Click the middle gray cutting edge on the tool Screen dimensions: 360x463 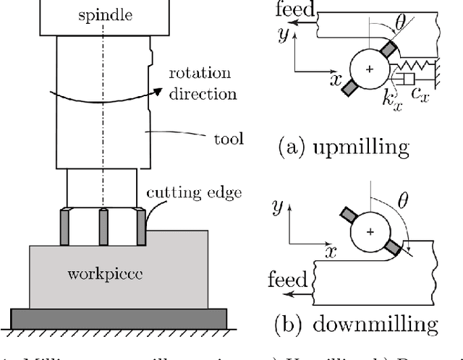pos(103,227)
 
